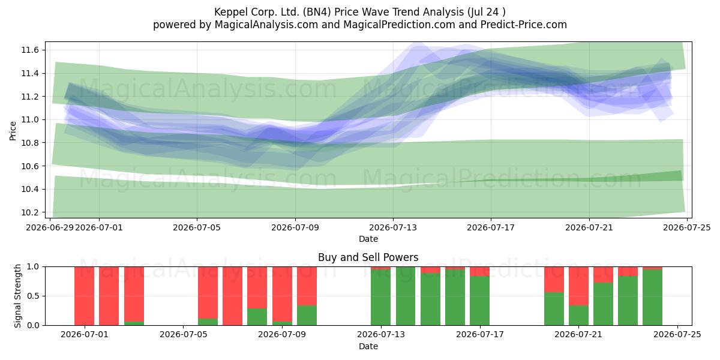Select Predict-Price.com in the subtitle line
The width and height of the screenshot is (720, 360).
(x=524, y=25)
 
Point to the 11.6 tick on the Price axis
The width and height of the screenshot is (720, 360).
(x=30, y=50)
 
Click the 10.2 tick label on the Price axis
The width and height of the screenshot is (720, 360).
(x=30, y=212)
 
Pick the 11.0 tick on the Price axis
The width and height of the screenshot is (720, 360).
(x=30, y=120)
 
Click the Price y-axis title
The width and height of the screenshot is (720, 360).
(x=13, y=131)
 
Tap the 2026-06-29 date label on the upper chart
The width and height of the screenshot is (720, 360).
(x=50, y=227)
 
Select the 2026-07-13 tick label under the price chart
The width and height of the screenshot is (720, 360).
(x=393, y=227)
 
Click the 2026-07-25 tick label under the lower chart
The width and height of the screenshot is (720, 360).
(x=677, y=335)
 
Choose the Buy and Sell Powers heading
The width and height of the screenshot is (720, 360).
(x=368, y=257)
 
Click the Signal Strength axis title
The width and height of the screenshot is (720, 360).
(x=17, y=296)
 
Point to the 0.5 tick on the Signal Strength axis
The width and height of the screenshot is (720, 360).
(x=34, y=296)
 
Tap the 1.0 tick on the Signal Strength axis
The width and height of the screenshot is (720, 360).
(x=34, y=267)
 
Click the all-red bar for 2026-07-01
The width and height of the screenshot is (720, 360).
(x=84, y=296)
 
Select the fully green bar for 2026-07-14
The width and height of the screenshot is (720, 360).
(x=406, y=296)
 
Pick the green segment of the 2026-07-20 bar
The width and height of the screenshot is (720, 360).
(x=554, y=309)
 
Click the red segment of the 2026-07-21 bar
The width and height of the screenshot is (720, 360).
(x=578, y=286)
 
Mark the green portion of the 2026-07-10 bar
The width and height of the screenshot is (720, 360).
(x=307, y=316)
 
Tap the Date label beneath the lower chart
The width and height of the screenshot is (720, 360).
(x=368, y=347)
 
